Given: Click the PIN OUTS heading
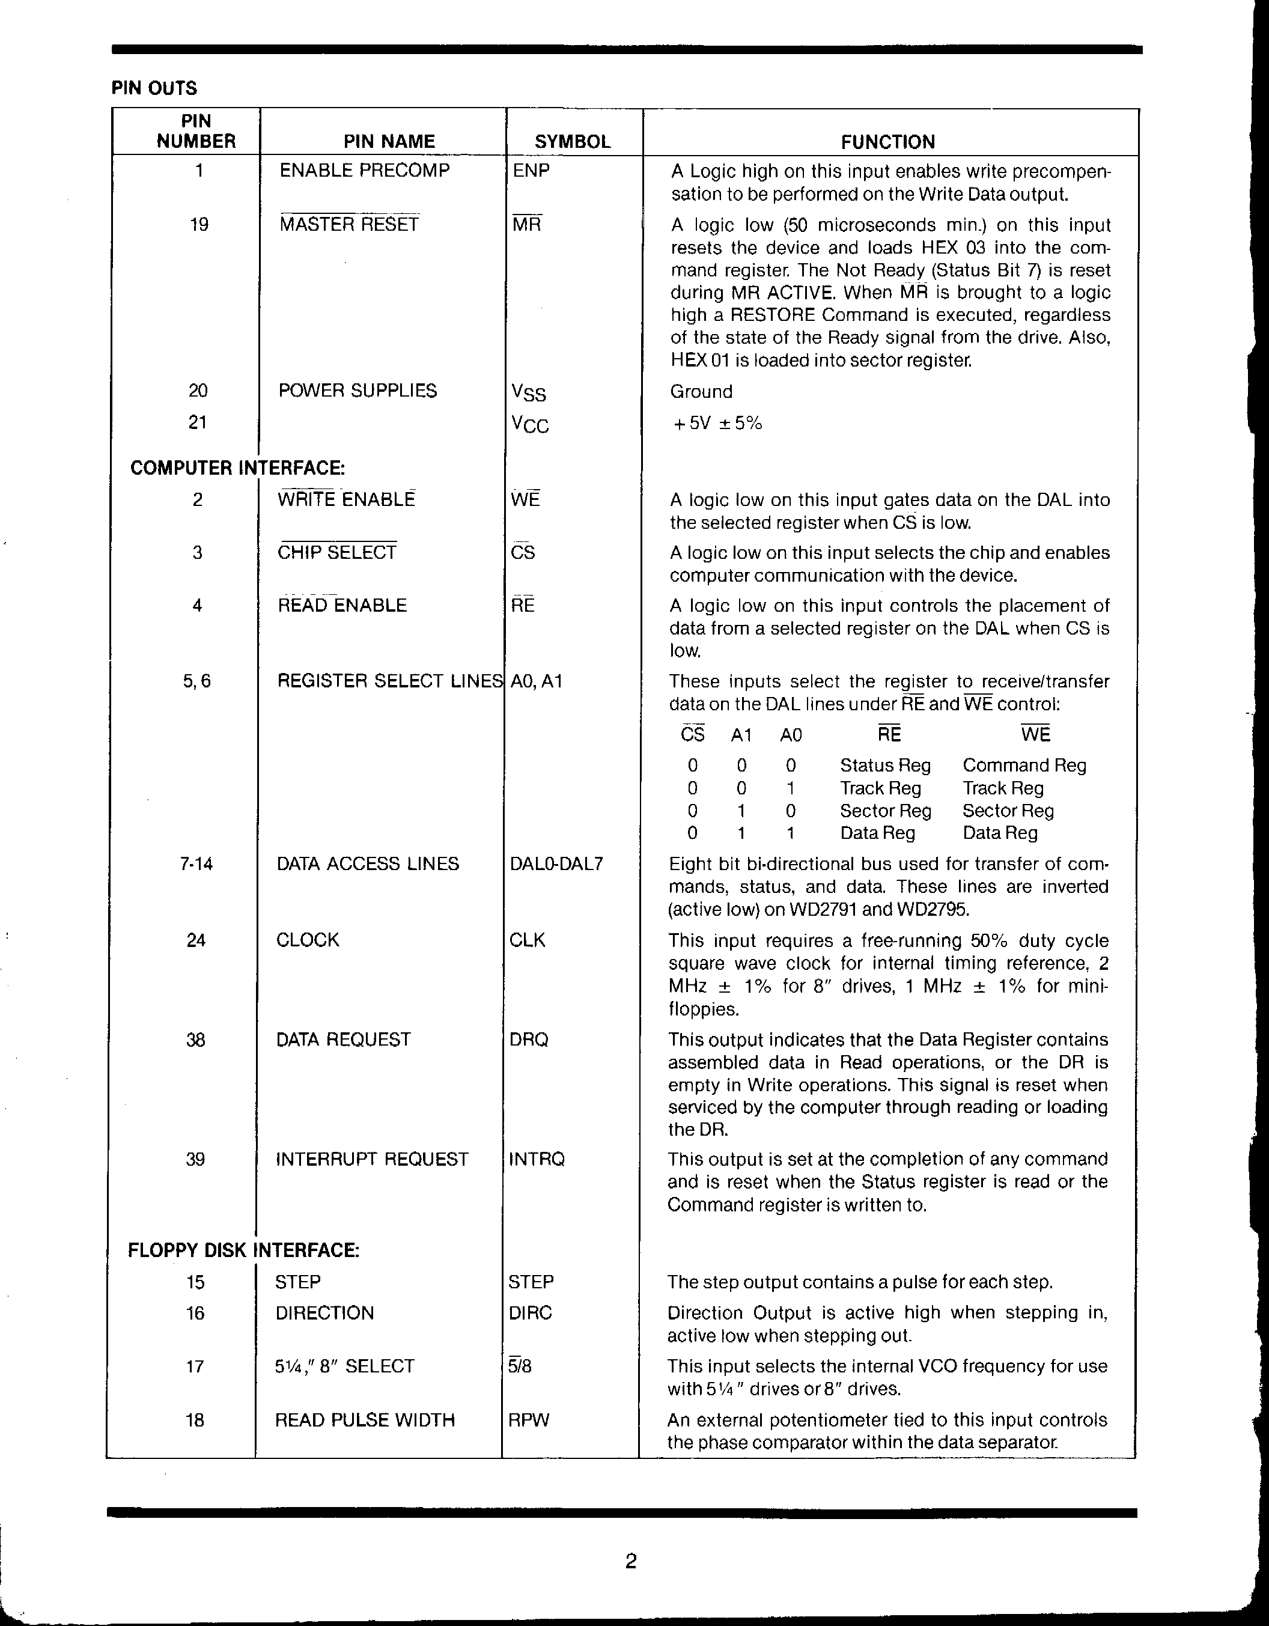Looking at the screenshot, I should (x=154, y=88).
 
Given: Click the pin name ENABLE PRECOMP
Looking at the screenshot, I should (x=365, y=171).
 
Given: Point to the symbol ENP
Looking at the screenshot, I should (x=531, y=171).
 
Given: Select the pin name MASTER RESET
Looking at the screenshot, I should (x=349, y=224).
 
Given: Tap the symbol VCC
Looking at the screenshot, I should (x=529, y=424).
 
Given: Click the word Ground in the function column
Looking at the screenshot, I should (x=701, y=392).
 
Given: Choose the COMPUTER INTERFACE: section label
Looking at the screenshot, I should (x=237, y=467).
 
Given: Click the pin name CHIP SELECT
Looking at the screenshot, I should (x=336, y=552).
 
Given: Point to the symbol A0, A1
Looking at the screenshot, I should (x=535, y=681).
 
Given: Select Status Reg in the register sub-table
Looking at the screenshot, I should (x=885, y=766).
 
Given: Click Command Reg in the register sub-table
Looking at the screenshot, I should (x=1024, y=766).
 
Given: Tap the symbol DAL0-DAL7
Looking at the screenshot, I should (x=556, y=863).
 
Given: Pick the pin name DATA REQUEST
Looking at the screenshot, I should (x=343, y=1040).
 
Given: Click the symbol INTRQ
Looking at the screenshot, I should (x=537, y=1159).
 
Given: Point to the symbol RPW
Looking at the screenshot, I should (x=528, y=1420).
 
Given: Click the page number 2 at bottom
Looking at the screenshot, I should (x=630, y=1561).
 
